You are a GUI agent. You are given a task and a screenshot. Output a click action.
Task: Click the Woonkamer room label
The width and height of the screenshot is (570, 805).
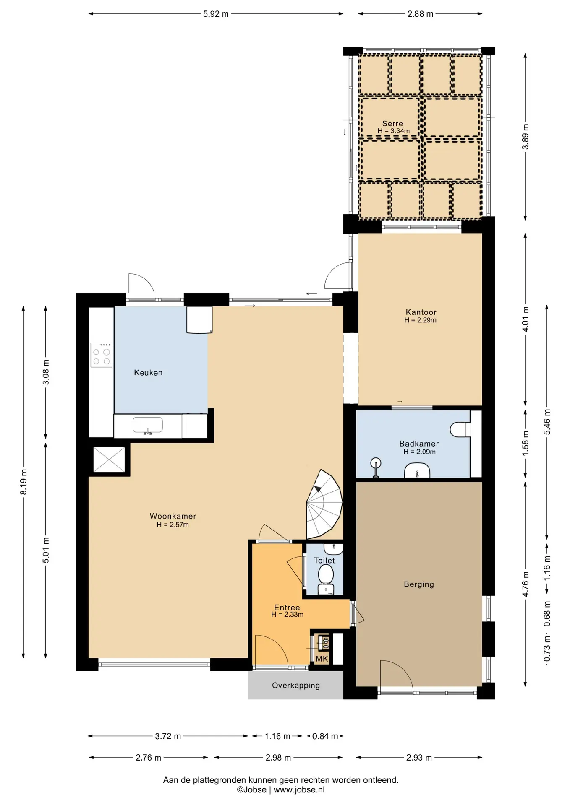coord(173,516)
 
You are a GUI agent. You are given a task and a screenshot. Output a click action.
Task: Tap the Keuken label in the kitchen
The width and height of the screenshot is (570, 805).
coord(148,372)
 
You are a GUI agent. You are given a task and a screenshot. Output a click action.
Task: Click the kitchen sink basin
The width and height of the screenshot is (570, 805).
coord(148,425)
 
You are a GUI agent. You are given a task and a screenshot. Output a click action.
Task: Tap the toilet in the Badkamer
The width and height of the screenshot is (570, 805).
coord(460,429)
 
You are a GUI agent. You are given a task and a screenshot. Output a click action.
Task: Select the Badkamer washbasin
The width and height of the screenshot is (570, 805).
coord(417,470)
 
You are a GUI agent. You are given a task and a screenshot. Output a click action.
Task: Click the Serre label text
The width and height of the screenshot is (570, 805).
coord(392,124)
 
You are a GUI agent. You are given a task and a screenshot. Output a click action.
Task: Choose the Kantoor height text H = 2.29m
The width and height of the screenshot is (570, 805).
coord(420,320)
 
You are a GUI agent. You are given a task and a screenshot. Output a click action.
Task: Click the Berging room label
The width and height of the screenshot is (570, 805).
coord(419,584)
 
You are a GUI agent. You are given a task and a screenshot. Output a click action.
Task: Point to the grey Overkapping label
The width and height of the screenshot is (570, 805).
coord(296,685)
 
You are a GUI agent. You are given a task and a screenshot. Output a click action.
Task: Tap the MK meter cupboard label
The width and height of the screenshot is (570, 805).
coord(322,659)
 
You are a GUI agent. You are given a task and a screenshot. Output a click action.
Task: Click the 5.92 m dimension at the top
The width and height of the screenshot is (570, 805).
coord(216,14)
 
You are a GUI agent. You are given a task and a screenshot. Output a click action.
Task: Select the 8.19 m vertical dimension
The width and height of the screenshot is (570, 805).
coord(24,482)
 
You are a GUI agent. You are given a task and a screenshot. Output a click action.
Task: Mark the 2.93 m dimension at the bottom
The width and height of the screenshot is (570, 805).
coord(419,758)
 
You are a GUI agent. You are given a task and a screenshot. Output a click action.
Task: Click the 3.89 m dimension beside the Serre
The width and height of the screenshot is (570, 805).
coord(526,137)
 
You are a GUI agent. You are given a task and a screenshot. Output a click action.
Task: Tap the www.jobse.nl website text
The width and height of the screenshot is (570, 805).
coord(299,790)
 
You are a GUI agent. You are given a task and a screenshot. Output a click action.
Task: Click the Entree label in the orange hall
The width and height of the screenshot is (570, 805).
coord(287,608)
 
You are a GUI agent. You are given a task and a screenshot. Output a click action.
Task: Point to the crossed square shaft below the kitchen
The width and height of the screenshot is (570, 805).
coord(109,460)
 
